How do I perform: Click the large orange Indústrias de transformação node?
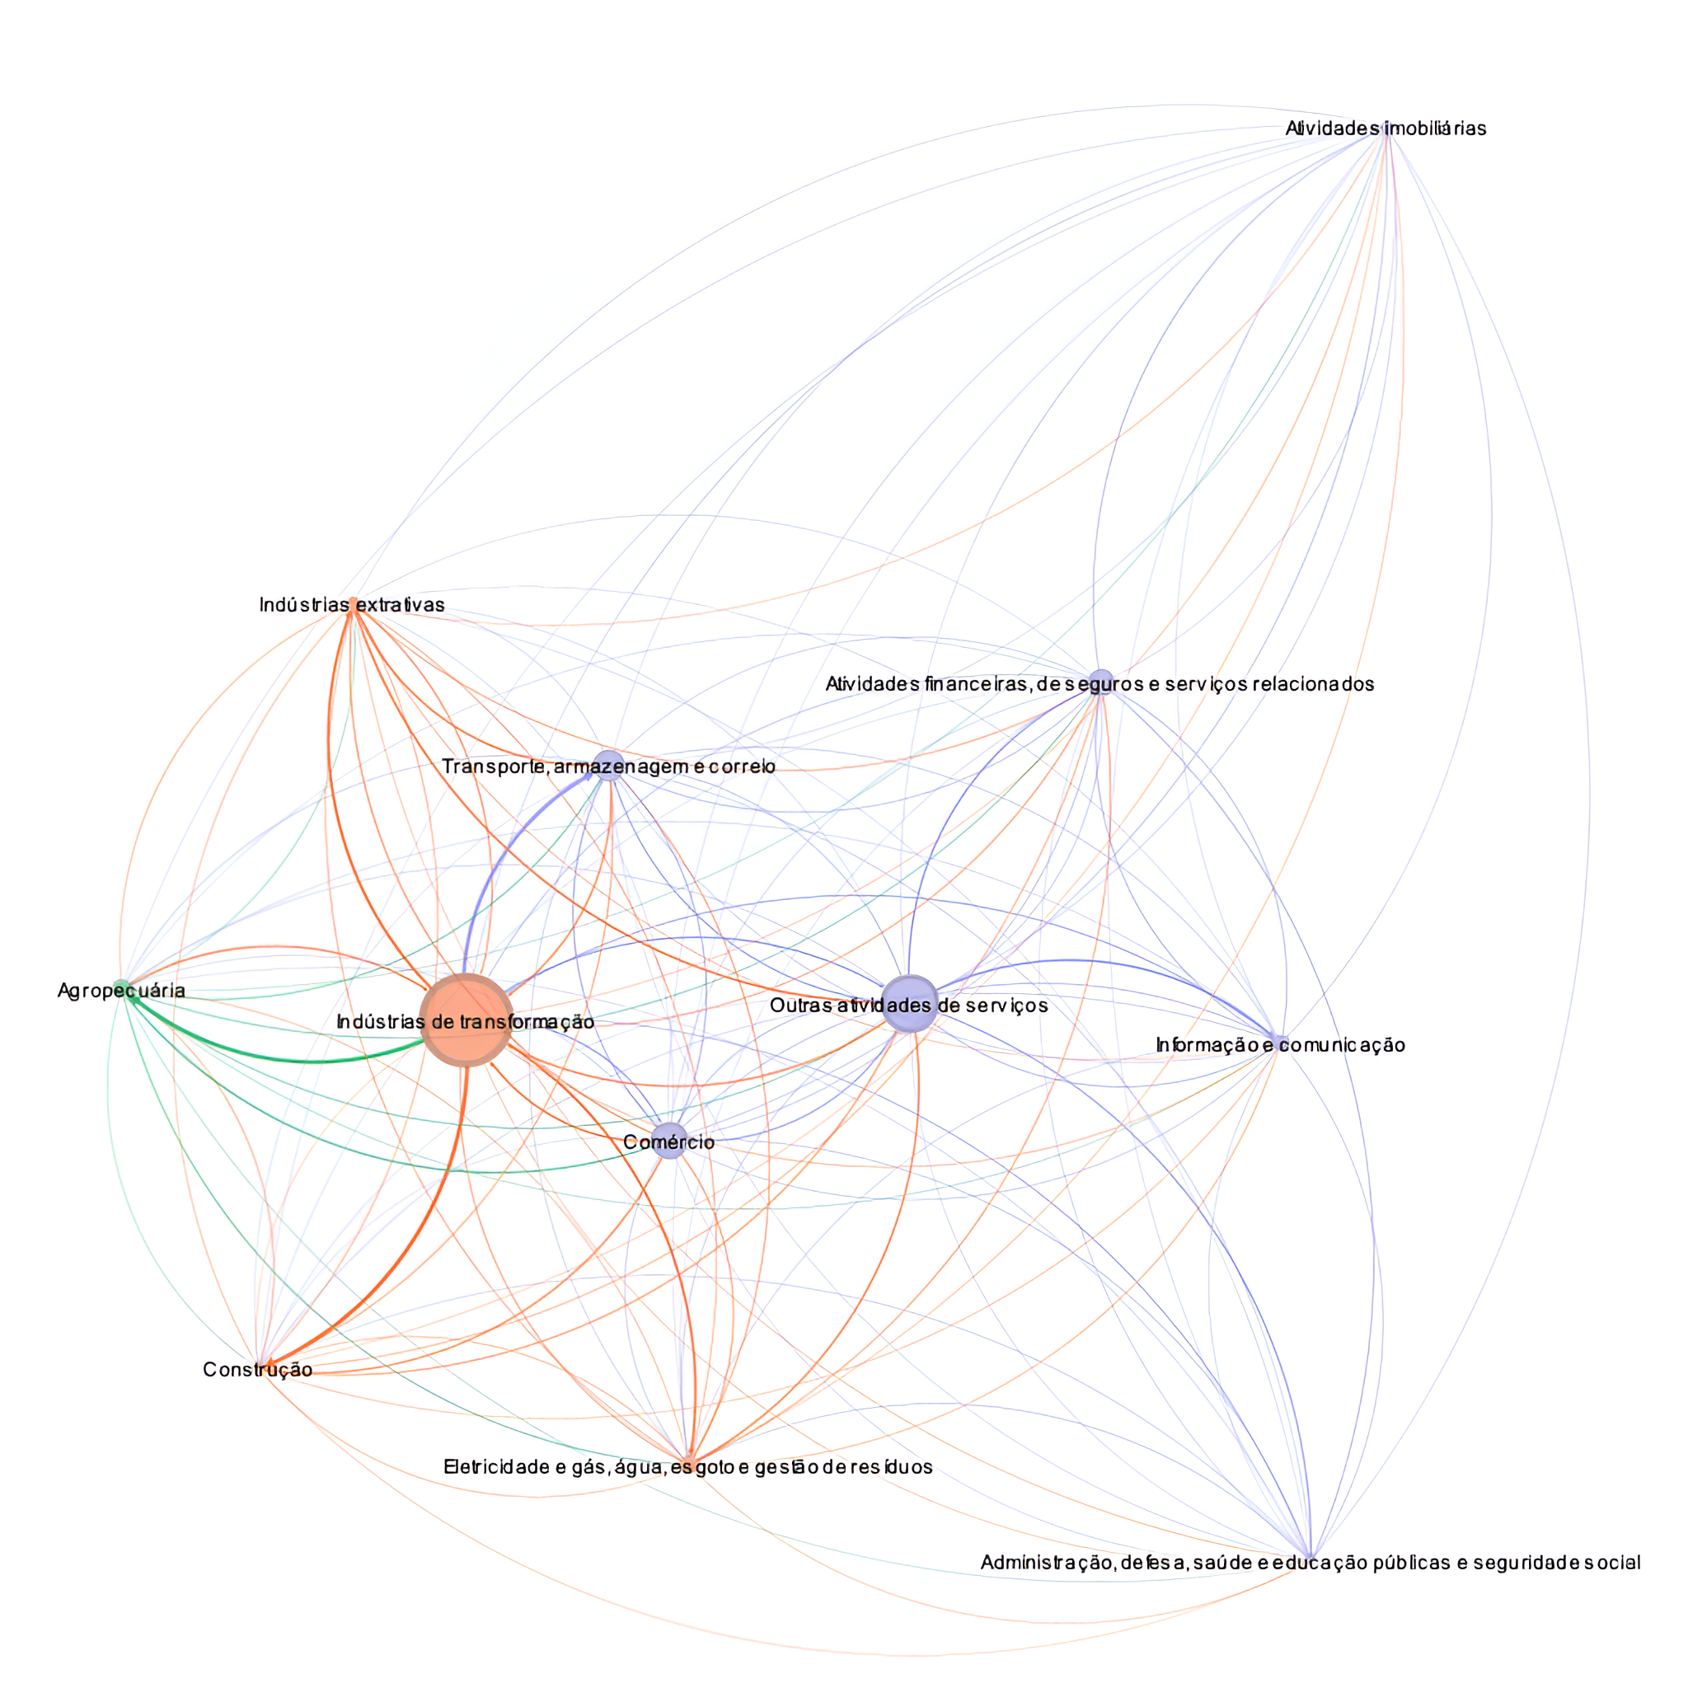[466, 1020]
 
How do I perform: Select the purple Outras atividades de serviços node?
[910, 1004]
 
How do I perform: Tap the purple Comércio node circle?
[668, 1141]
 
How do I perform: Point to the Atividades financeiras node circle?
[1101, 682]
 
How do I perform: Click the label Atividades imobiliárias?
[1385, 129]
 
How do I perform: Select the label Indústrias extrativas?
[351, 605]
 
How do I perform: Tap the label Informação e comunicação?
[1280, 1045]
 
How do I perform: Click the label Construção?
[257, 1369]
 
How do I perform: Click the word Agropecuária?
[120, 991]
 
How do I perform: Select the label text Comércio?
[668, 1142]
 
